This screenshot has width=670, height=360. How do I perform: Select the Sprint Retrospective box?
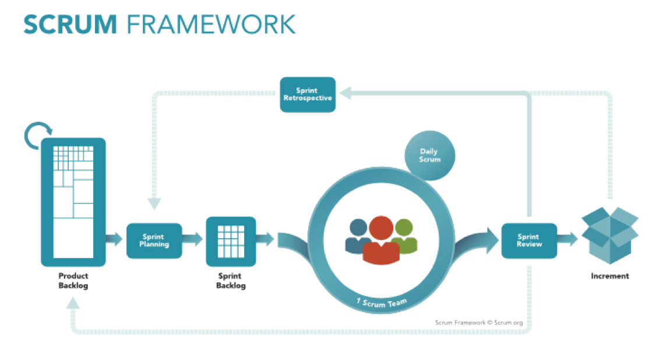click(308, 94)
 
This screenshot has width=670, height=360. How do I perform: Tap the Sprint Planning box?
click(154, 241)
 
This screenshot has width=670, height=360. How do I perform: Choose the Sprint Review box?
click(529, 241)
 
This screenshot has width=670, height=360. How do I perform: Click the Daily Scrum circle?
click(430, 156)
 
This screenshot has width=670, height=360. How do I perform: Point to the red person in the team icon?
click(381, 239)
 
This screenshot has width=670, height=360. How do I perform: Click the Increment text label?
click(610, 276)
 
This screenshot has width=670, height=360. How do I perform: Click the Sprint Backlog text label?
click(231, 281)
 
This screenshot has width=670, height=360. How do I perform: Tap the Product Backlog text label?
click(73, 281)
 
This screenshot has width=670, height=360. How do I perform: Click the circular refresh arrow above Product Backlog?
click(38, 135)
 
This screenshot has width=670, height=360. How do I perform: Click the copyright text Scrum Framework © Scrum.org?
click(478, 322)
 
